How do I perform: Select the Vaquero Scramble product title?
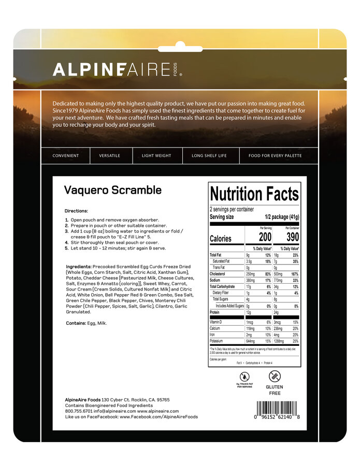click(113, 190)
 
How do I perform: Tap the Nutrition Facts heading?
click(254, 194)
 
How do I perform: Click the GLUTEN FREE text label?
click(274, 390)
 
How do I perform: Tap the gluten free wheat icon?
click(275, 376)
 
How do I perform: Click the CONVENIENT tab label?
click(66, 155)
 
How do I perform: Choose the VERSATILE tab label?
click(110, 155)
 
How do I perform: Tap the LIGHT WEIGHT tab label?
click(157, 155)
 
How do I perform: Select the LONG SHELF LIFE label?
click(211, 155)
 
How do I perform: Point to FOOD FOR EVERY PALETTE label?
click(275, 155)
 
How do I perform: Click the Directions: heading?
click(77, 211)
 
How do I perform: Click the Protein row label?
click(215, 313)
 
